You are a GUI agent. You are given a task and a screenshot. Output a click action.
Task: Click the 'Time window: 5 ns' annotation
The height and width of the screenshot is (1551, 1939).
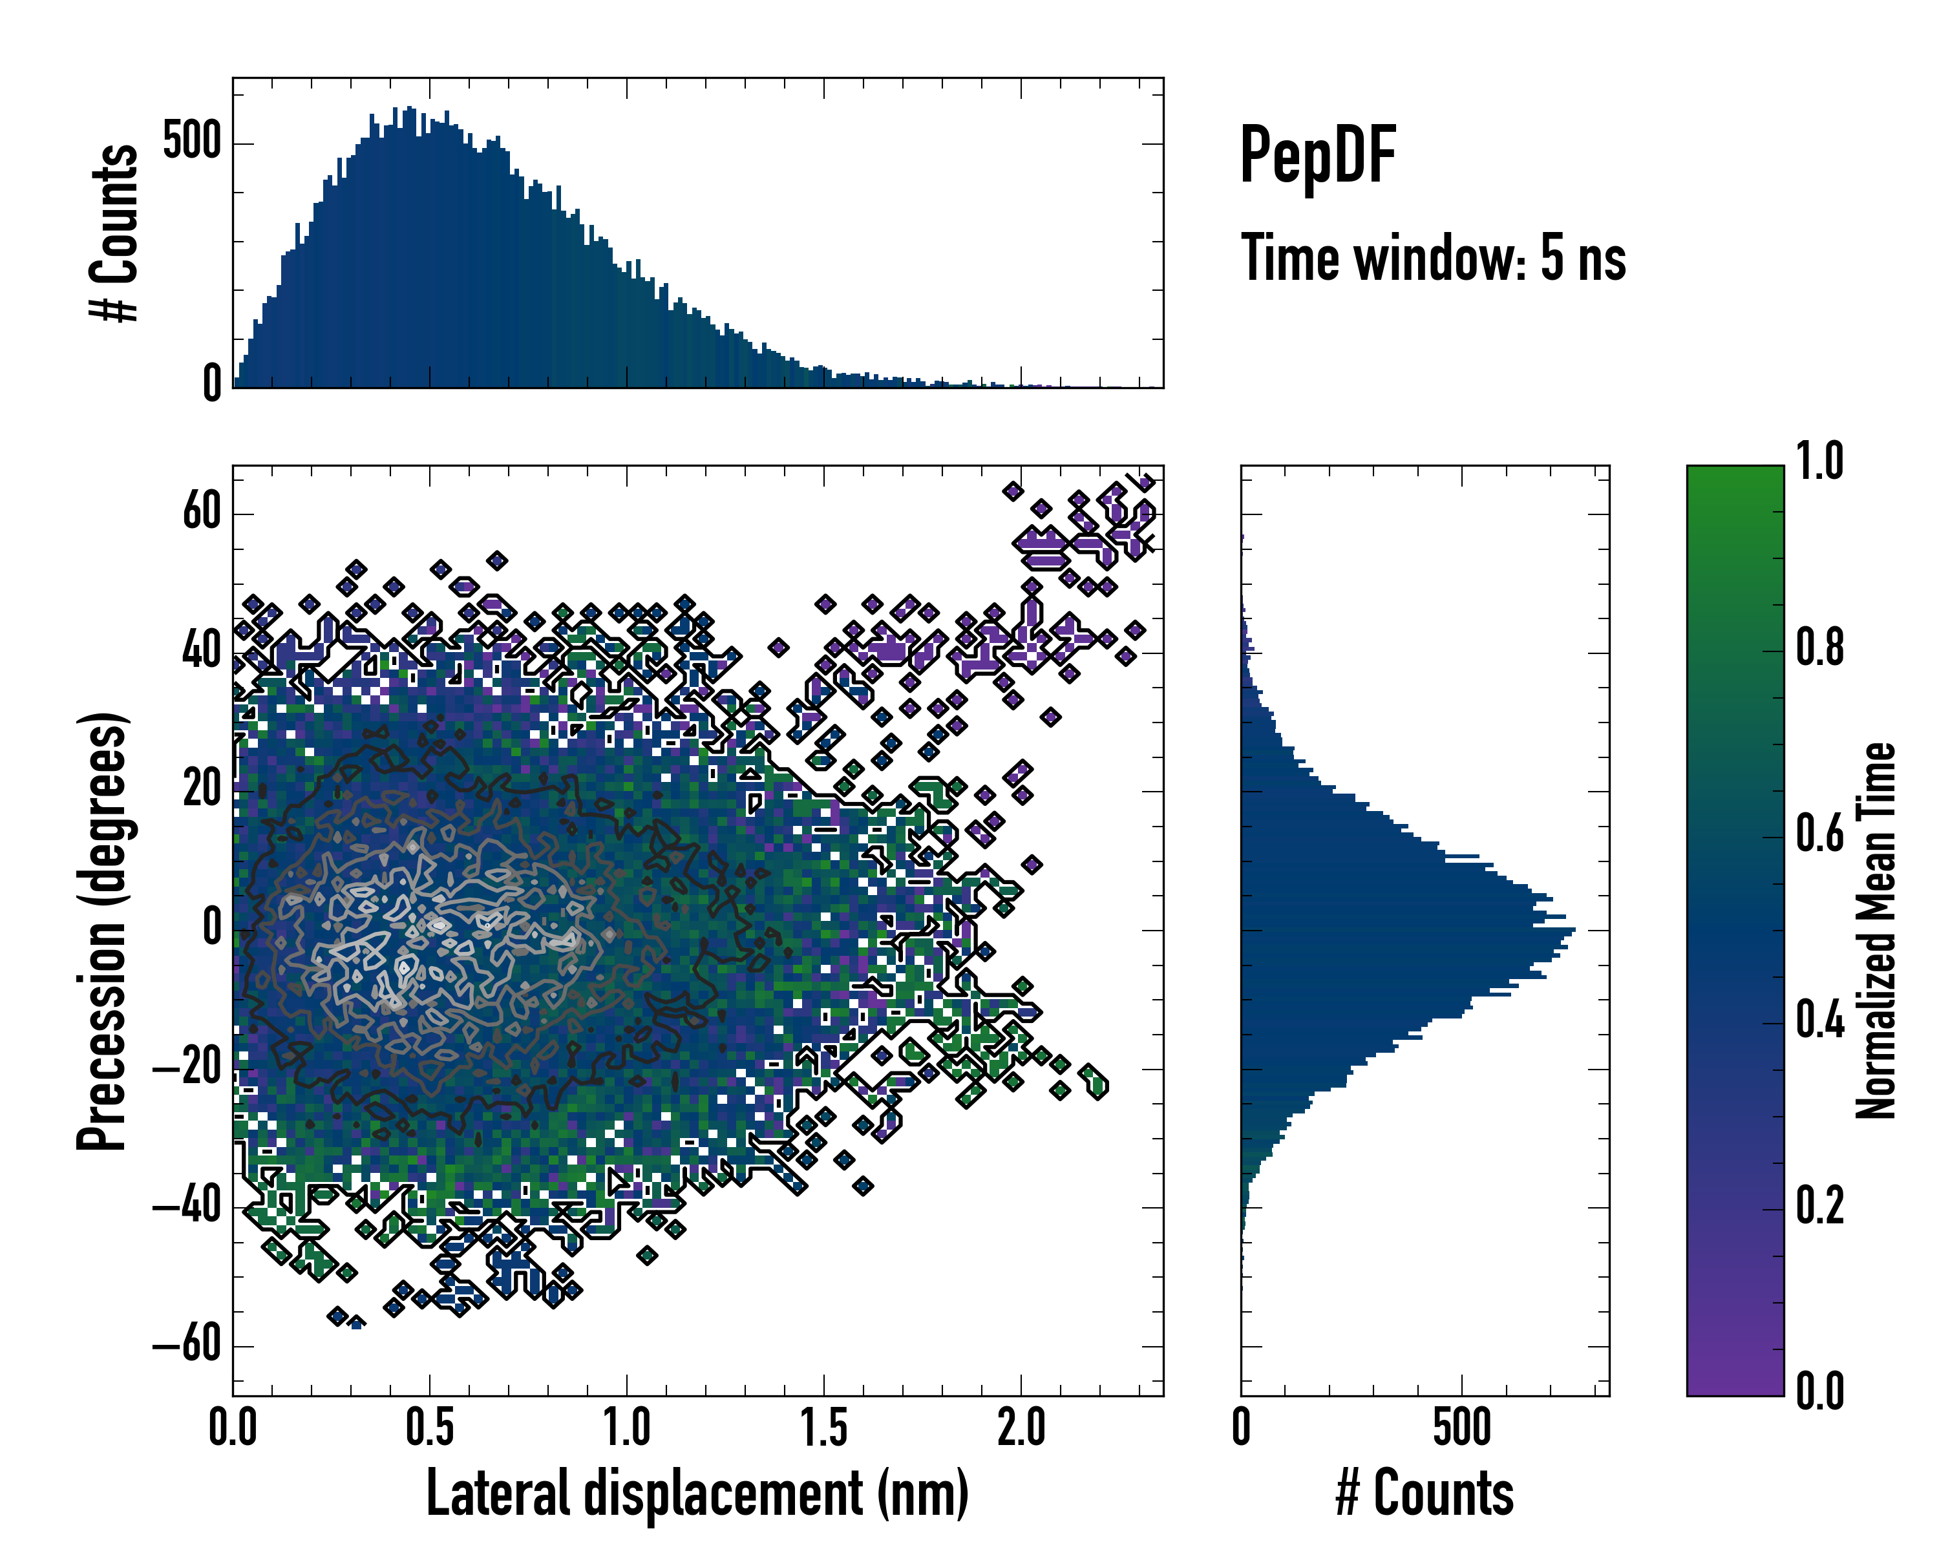tap(1433, 258)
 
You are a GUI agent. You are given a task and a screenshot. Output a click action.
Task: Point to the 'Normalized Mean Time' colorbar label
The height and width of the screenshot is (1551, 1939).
tap(1876, 930)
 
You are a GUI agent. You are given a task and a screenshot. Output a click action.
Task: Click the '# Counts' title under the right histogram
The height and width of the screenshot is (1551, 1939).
tap(1425, 1493)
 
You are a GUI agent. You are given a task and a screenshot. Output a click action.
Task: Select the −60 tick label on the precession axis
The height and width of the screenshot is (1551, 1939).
tap(187, 1346)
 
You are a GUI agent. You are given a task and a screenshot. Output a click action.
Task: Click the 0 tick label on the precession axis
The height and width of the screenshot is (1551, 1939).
tap(212, 929)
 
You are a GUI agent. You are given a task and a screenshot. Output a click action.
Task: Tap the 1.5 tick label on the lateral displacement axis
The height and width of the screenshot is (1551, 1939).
tap(824, 1428)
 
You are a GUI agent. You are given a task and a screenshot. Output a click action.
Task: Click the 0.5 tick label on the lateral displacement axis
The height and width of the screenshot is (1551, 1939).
tap(429, 1428)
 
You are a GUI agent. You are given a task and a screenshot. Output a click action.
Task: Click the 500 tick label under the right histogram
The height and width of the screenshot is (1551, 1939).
tap(1461, 1428)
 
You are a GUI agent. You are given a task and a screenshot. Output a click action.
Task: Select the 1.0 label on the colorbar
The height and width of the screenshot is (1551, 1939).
tap(1819, 462)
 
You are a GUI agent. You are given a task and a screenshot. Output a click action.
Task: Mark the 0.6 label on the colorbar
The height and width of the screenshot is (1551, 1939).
tap(1819, 834)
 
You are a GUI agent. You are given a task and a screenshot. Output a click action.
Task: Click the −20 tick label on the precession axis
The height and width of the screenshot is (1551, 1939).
tap(187, 1068)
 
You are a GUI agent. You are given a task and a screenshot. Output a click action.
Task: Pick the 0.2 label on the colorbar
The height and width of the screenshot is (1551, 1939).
tap(1819, 1206)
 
